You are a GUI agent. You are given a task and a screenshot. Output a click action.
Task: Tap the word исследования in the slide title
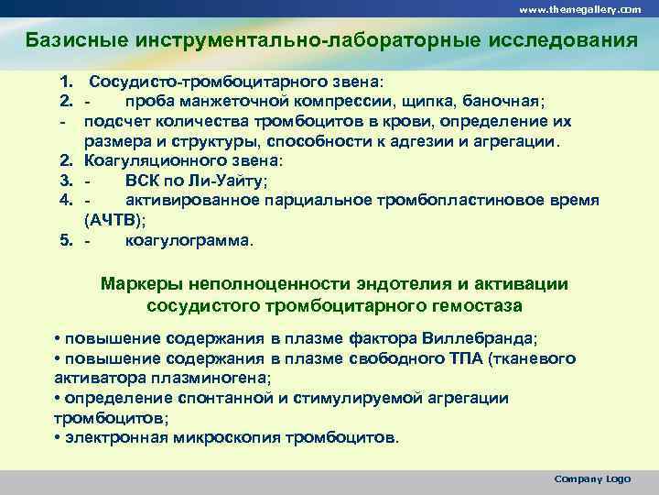pos(557,41)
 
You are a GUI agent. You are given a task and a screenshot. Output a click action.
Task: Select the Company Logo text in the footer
pos(592,479)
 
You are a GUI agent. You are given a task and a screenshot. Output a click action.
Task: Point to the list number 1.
pos(66,81)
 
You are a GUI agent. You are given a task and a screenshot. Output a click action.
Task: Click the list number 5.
pos(66,242)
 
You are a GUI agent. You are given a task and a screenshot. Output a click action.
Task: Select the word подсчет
pos(114,121)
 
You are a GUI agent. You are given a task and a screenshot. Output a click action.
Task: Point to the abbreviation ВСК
pos(142,181)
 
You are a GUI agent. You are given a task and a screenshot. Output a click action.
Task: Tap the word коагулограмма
pos(186,242)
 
